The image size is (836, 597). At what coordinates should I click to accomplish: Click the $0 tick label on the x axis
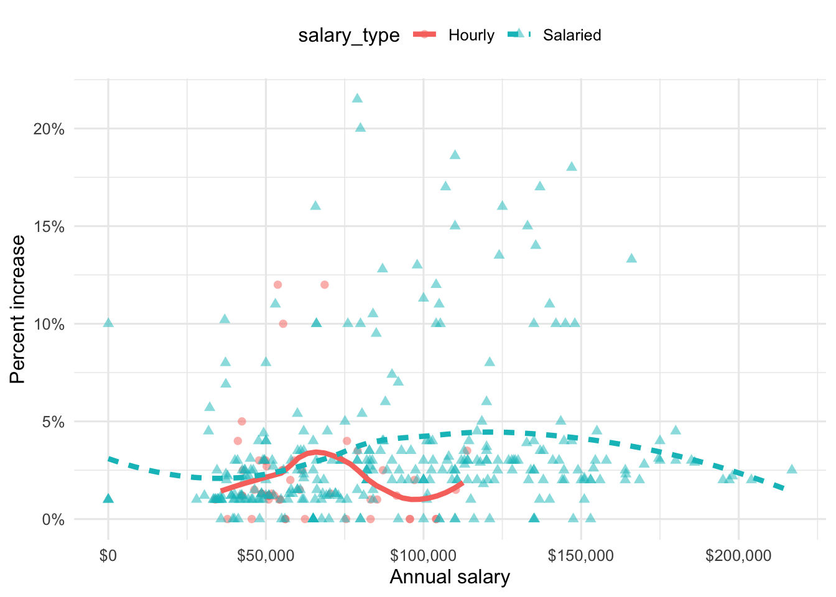(108, 555)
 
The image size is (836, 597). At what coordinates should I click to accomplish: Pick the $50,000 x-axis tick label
(266, 555)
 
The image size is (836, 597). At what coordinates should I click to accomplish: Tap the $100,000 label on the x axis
(423, 555)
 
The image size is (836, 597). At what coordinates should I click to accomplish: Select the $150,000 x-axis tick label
(581, 555)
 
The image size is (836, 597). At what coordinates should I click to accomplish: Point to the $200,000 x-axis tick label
(738, 555)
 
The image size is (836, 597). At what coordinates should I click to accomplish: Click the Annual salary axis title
(450, 577)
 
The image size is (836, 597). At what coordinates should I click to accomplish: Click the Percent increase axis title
(18, 309)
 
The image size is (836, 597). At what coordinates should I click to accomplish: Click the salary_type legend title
(348, 35)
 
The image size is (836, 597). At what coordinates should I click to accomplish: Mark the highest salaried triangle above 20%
(357, 98)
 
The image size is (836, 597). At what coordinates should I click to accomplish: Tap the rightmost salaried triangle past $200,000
(791, 469)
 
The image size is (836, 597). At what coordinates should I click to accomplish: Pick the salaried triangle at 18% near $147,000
(572, 167)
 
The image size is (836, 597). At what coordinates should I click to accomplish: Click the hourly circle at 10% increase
(283, 323)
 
